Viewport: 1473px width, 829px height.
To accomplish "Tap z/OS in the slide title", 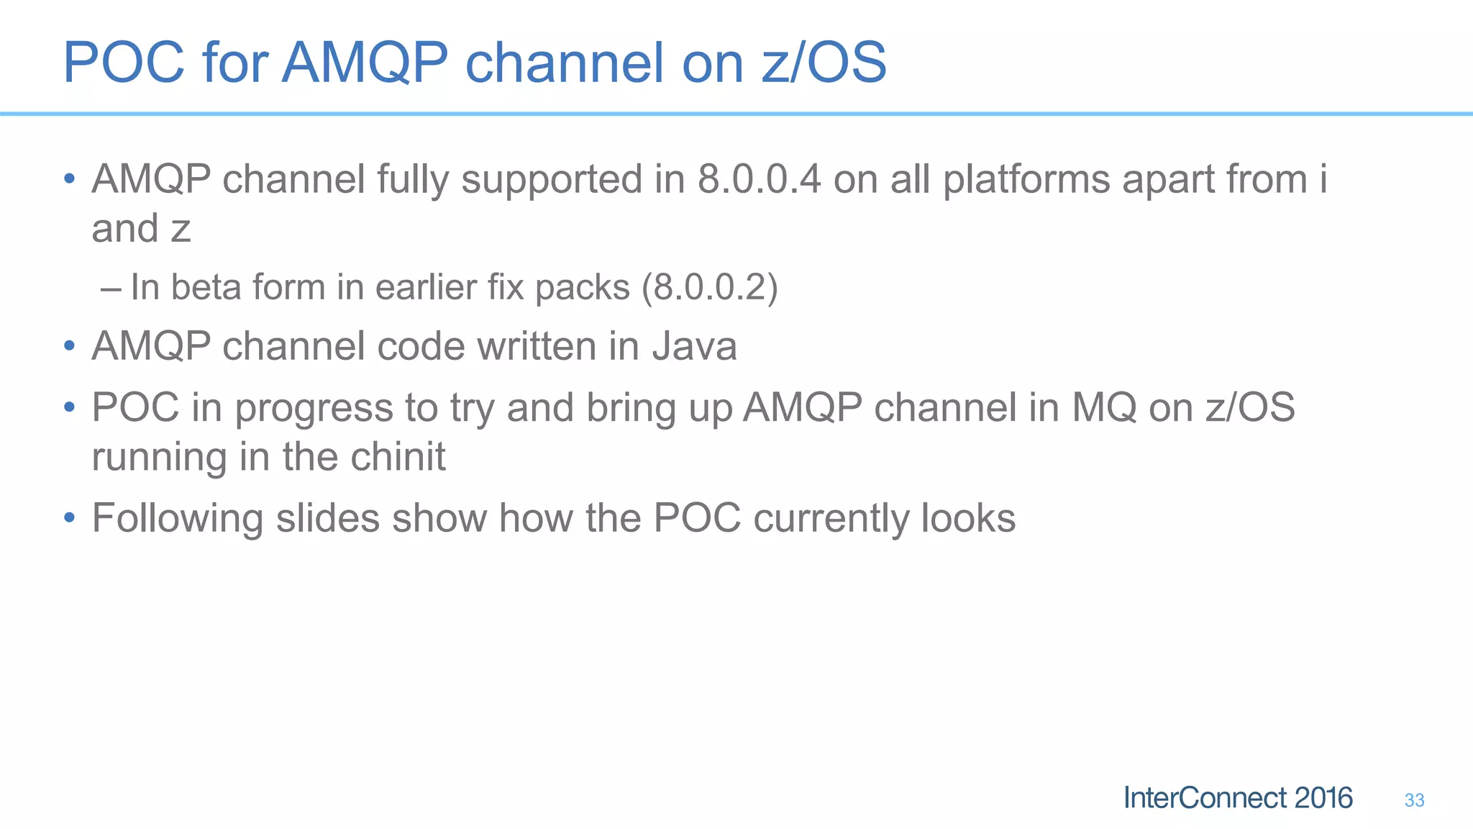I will tap(824, 63).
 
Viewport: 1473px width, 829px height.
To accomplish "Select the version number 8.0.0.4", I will tap(759, 179).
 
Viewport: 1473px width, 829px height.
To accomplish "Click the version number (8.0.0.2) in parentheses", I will tap(710, 287).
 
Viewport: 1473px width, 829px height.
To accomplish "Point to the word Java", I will tap(695, 346).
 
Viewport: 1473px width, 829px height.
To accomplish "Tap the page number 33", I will tap(1414, 800).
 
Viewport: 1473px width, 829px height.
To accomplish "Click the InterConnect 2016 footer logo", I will tap(1238, 798).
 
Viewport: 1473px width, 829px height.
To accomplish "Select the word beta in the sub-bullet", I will tap(206, 287).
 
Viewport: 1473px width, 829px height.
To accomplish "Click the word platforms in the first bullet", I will tap(1026, 179).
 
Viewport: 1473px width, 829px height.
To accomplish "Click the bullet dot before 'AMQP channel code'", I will tap(69, 347).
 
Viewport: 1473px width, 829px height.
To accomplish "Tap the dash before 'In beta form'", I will tap(111, 289).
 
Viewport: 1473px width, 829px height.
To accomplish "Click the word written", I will tap(537, 346).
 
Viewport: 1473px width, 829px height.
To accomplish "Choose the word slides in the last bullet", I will tap(328, 518).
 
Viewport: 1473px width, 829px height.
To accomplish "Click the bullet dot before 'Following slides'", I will tap(69, 518).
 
